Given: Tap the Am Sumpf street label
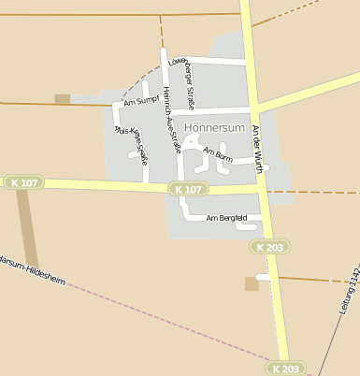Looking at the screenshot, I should pos(141,100).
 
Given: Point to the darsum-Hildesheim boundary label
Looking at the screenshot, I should pos(33,271).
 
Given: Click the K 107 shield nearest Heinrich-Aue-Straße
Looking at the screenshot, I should pos(188,189).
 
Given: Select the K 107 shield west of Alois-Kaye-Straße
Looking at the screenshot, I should pos(23,181).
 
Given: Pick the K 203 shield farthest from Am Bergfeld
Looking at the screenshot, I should pos(285,369).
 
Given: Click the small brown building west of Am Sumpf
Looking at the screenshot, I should pos(63,98).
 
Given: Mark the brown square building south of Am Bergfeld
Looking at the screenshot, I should pos(251,283).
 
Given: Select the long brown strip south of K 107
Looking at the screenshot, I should pos(28,229).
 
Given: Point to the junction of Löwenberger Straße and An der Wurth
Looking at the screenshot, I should pos(251,64).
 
